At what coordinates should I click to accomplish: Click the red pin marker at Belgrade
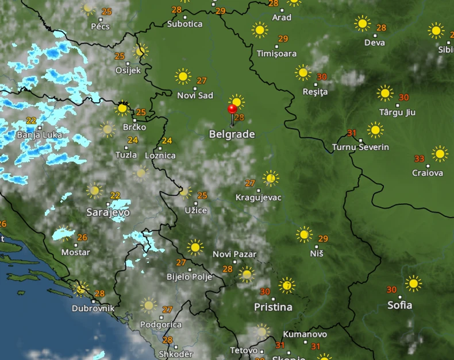coord(232,109)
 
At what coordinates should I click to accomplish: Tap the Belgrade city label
coord(232,134)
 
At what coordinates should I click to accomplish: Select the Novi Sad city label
coord(195,95)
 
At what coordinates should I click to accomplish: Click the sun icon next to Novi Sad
coord(183,76)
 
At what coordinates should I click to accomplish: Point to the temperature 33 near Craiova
coord(419,158)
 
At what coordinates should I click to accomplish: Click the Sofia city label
coord(399,305)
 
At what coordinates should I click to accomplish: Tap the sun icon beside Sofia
coord(413,283)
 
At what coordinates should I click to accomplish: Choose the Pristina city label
coord(273,307)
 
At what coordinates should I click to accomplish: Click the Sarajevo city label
coord(108,212)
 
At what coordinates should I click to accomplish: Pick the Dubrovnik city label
coord(93,308)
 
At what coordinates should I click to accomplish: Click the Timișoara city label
coord(277,53)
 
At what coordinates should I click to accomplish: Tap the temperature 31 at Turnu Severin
coord(352,133)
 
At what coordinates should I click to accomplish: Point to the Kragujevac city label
coord(259,198)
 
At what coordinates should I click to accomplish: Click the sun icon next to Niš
coord(304,234)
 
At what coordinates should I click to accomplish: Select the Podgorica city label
coord(161,324)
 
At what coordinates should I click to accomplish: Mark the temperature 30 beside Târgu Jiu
coord(403,98)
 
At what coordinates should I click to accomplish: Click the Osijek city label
coord(128,70)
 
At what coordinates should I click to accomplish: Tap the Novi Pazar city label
coord(234,254)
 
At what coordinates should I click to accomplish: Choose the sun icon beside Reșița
coord(303,73)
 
